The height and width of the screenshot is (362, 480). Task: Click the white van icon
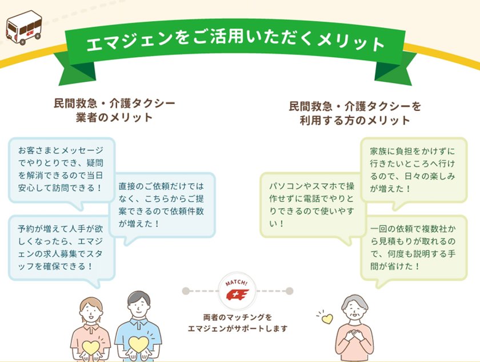24,27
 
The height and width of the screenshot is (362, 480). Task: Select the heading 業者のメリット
114,117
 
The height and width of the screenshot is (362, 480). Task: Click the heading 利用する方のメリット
355,120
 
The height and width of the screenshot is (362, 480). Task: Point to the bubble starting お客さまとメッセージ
62,170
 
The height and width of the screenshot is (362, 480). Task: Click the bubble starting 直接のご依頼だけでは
162,205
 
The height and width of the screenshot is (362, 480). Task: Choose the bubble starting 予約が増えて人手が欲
62,248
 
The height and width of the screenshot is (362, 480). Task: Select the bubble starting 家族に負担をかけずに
414,170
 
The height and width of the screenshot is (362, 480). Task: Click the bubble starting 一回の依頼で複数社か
414,248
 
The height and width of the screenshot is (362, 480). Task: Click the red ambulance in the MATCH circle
237,295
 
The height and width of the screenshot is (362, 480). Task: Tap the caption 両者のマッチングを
238,317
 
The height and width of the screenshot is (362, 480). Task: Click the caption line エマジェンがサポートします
238,329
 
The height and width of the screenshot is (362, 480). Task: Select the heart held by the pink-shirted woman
91,347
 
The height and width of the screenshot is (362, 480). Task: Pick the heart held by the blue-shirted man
138,344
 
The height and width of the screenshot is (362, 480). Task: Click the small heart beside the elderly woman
327,319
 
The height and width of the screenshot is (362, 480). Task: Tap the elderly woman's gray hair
355,302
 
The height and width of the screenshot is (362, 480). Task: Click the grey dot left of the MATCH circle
186,291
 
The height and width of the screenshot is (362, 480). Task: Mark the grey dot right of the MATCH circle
289,291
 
